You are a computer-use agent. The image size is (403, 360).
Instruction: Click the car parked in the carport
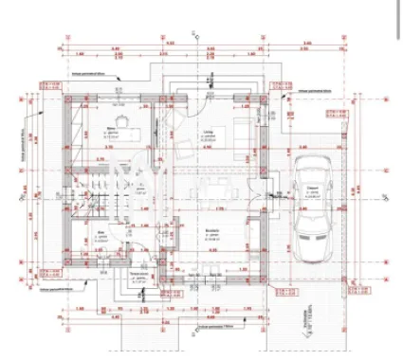tap(312, 205)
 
